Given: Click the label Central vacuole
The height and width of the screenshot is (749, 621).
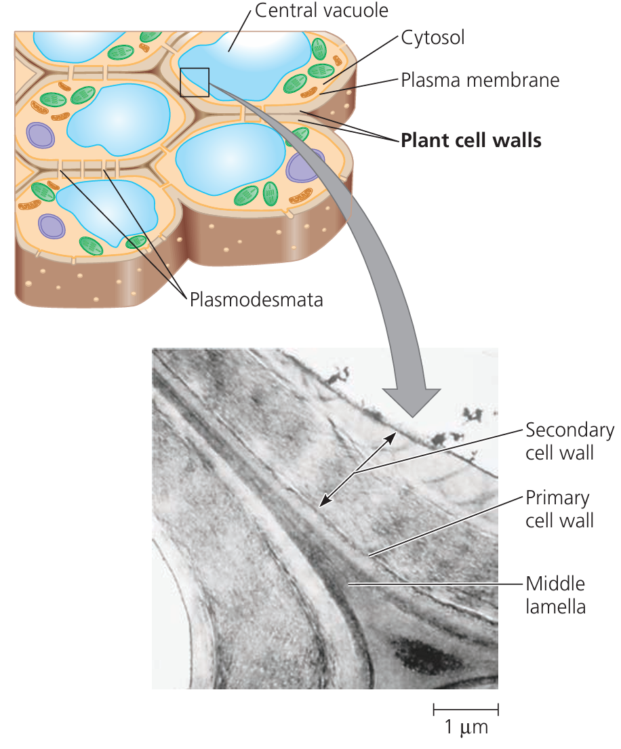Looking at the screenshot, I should click(322, 10).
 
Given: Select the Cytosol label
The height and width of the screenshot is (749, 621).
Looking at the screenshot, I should click(433, 37).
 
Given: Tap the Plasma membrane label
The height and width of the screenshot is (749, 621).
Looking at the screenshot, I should click(480, 80).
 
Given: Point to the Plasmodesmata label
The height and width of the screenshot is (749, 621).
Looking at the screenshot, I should click(256, 299).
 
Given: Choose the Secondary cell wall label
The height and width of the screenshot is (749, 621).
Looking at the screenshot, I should click(569, 441).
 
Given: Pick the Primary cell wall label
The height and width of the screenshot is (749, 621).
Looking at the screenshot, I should click(559, 509).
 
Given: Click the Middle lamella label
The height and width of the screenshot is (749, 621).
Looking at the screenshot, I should click(555, 594).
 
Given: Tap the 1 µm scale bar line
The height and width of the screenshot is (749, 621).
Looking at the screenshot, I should click(466, 710).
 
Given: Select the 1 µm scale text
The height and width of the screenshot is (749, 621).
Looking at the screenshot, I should click(466, 729).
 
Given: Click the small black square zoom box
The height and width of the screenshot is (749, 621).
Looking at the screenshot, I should click(195, 82).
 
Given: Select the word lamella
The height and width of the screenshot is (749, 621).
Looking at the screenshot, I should click(555, 606).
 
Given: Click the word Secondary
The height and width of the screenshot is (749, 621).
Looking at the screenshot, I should click(569, 430).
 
